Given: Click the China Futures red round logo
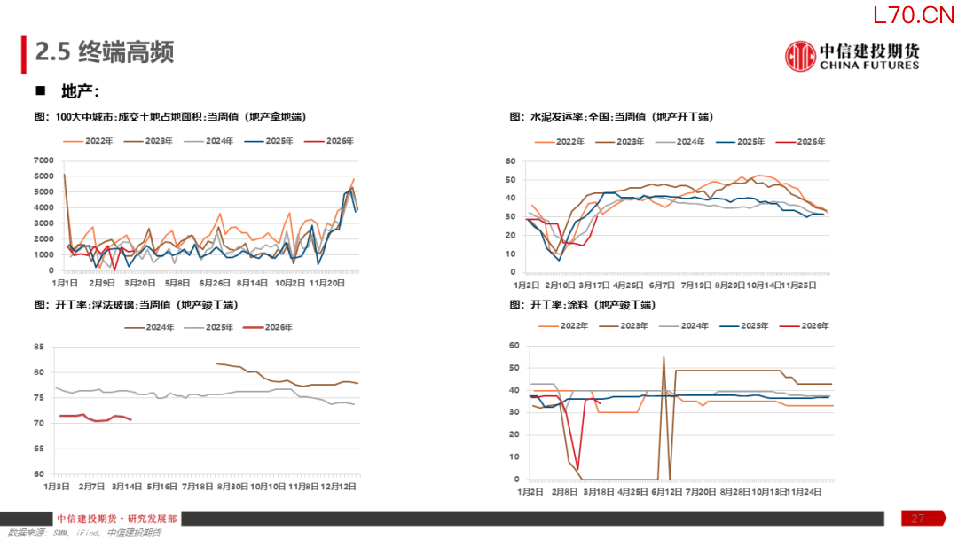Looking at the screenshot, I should (800, 56).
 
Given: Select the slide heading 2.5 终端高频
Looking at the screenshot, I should (104, 52).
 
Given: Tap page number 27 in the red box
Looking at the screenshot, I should (918, 519).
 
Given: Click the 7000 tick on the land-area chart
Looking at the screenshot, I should (43, 160).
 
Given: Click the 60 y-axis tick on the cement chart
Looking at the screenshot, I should (510, 161).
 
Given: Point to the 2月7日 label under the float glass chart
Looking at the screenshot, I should (92, 487).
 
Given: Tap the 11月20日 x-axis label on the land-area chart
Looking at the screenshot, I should (327, 283).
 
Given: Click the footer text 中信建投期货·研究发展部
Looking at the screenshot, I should (116, 519).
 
